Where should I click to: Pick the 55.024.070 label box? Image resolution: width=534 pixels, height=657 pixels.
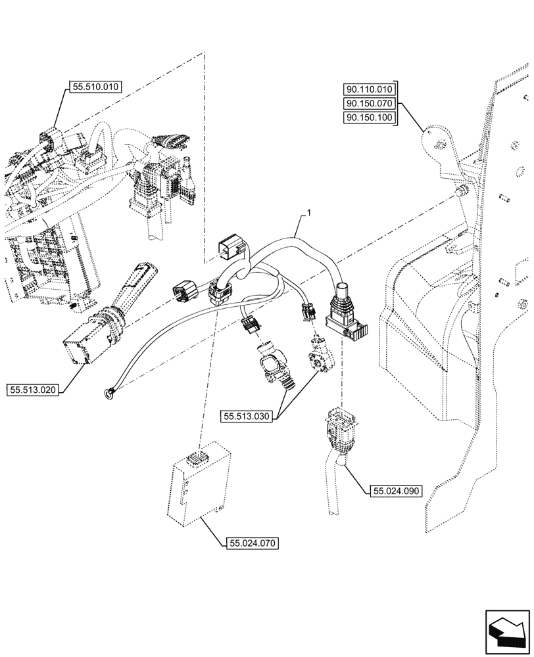[x=253, y=543]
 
